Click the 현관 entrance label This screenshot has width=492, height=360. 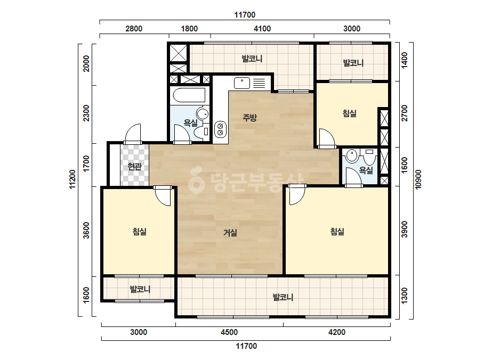tap(135, 167)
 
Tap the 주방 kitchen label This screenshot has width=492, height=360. tap(250, 118)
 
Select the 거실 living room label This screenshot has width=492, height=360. tap(230, 233)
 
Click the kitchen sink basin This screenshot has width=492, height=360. tap(242, 83)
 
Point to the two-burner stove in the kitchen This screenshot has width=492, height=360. tap(220, 129)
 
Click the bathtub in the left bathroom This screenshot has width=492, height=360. tap(189, 95)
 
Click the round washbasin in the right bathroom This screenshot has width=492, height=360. tap(352, 156)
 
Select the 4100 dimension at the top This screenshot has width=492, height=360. tap(262, 29)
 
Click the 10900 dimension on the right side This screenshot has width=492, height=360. tap(418, 179)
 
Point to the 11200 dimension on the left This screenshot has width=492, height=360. tap(72, 179)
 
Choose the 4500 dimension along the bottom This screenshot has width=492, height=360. tap(229, 332)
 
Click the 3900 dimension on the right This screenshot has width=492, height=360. tap(405, 229)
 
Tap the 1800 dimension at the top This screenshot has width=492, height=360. tap(189, 29)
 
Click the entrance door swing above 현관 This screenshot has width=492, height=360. tap(133, 134)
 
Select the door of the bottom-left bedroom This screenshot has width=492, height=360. tap(163, 197)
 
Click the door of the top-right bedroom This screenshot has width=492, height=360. tap(327, 138)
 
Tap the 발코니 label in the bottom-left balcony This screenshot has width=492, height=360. tap(140, 289)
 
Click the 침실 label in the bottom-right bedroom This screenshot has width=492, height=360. tap(337, 232)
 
